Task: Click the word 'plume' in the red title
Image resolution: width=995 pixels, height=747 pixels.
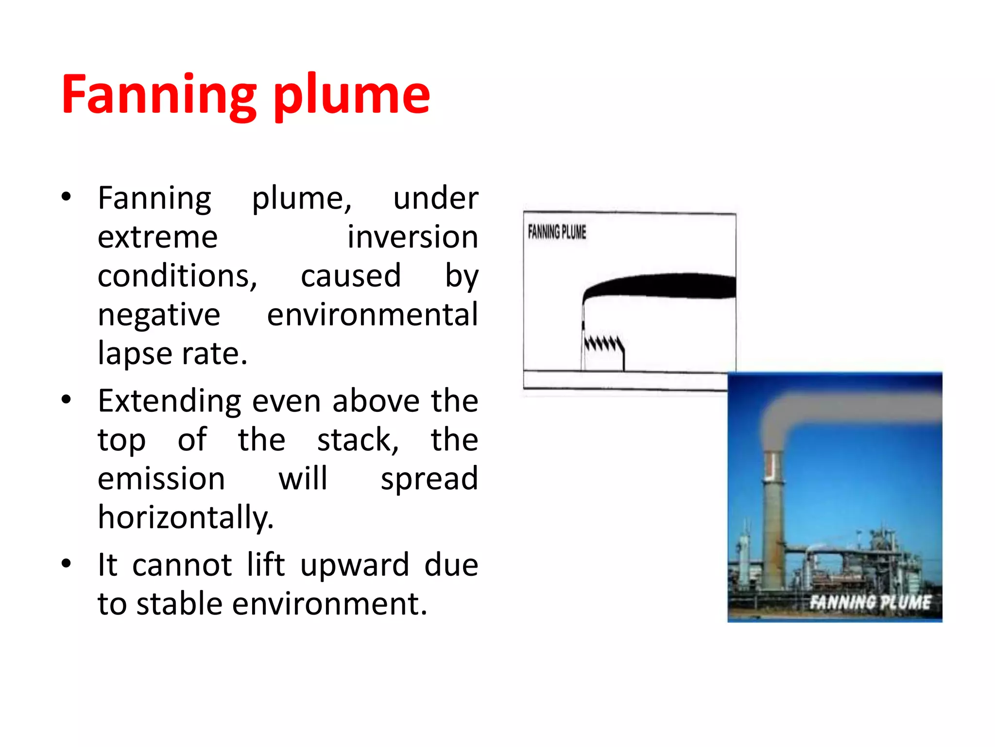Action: pyautogui.click(x=352, y=95)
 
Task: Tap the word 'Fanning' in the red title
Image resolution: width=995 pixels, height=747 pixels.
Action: pyautogui.click(x=158, y=95)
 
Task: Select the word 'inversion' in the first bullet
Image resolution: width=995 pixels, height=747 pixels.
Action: pyautogui.click(x=412, y=237)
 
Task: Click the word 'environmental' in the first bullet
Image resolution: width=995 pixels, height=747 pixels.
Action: pyautogui.click(x=372, y=315)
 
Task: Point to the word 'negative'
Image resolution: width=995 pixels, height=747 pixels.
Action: pyautogui.click(x=159, y=315)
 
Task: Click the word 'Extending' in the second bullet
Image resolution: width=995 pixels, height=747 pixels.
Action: pyautogui.click(x=170, y=401)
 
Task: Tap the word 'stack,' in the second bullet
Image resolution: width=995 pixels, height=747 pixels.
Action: pyautogui.click(x=358, y=440)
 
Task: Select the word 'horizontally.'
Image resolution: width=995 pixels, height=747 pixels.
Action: pyautogui.click(x=186, y=517)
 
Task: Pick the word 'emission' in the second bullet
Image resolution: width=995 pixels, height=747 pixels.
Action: pyautogui.click(x=161, y=479)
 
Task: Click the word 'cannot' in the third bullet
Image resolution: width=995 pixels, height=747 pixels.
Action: pyautogui.click(x=182, y=565)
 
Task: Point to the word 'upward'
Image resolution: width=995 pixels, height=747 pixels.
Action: pyautogui.click(x=355, y=565)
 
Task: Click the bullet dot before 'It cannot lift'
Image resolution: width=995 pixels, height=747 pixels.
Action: pyautogui.click(x=67, y=564)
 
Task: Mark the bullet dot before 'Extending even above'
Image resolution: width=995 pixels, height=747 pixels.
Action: pyautogui.click(x=67, y=400)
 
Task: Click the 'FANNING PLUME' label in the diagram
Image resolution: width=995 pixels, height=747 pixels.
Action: pyautogui.click(x=557, y=232)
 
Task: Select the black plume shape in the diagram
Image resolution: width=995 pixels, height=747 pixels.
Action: pyautogui.click(x=666, y=286)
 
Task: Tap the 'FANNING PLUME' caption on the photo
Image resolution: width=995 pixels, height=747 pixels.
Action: pyautogui.click(x=870, y=602)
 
